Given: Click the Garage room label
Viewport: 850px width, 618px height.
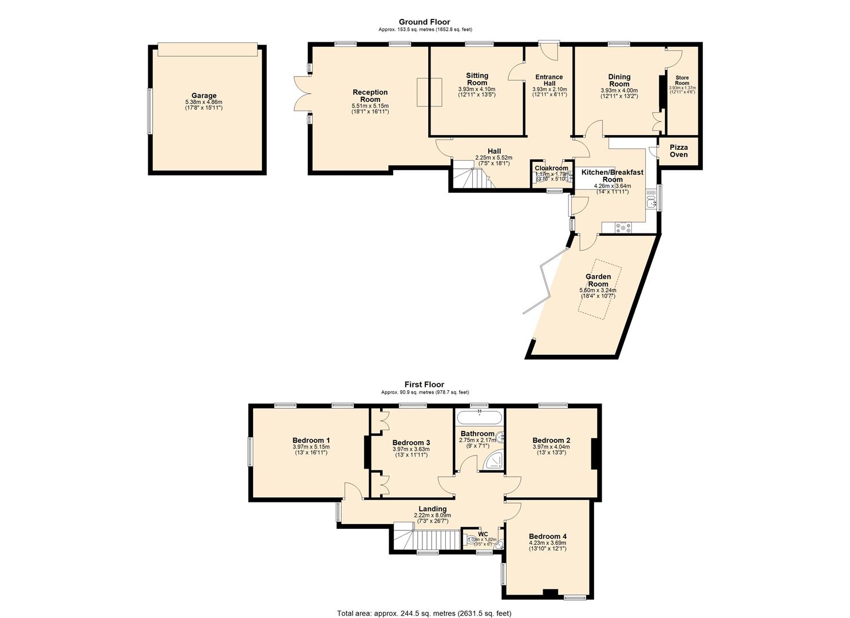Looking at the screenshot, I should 204,96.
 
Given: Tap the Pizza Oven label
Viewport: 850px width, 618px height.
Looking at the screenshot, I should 679,151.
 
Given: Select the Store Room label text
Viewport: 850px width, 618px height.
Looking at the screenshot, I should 682,80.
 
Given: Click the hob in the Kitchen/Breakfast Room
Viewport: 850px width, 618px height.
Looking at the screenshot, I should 623,227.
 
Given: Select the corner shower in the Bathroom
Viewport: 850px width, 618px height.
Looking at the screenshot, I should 494,462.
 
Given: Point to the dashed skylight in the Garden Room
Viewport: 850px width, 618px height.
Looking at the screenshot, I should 599,286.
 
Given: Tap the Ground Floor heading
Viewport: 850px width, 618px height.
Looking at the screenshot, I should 424,22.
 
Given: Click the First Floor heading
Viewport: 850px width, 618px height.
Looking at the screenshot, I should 424,385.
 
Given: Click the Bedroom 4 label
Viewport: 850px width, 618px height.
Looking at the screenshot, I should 548,536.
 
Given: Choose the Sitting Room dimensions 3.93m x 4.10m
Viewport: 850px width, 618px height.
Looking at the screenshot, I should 477,89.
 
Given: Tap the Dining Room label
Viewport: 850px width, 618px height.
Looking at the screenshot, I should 619,80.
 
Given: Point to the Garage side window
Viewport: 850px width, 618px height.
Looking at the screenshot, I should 150,111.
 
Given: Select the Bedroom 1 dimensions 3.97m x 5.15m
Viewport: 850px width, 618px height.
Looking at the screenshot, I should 311,447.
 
